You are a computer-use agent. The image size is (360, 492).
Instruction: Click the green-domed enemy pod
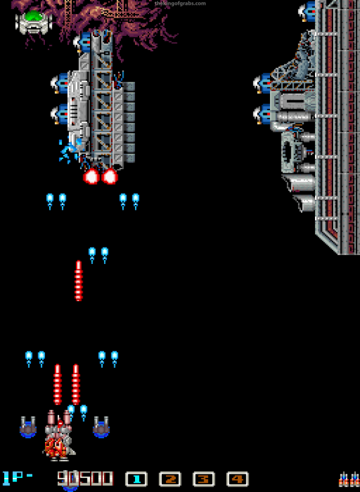tap(33, 21)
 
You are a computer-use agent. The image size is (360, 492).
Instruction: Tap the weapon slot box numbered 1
tap(136, 479)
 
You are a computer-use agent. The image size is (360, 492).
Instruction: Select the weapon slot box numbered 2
tap(170, 479)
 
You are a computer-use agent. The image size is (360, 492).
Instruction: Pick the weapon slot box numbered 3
tap(203, 479)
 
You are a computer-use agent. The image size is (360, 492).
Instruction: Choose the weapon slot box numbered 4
tap(237, 479)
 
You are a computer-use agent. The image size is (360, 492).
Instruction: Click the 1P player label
tap(17, 479)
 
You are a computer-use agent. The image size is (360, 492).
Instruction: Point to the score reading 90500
tap(85, 479)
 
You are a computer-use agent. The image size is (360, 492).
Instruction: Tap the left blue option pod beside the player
tap(28, 427)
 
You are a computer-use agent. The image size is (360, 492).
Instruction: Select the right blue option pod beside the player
tap(102, 427)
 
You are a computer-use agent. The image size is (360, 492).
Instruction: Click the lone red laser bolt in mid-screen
tap(78, 281)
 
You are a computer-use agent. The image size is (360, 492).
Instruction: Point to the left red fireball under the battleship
tap(92, 176)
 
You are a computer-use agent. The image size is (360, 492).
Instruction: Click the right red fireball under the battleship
tap(110, 176)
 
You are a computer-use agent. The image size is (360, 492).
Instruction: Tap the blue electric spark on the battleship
tap(70, 150)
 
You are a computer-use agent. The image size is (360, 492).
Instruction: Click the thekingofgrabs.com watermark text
tap(180, 4)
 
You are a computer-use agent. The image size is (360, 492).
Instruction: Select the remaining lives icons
tap(348, 479)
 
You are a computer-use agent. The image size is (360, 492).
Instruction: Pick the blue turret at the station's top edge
tap(307, 12)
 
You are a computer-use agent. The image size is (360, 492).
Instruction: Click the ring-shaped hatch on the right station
tap(289, 152)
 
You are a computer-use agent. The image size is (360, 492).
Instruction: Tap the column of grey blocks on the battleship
tap(130, 122)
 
